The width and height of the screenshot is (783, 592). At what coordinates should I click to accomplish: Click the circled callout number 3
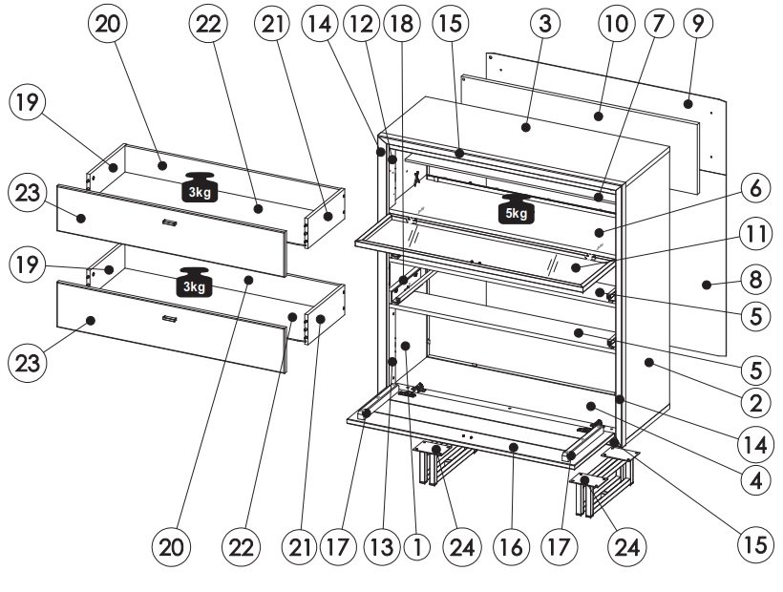coord(545,23)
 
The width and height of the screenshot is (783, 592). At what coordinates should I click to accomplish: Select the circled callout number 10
coord(616,24)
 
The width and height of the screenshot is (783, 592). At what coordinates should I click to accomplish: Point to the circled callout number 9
coord(698,23)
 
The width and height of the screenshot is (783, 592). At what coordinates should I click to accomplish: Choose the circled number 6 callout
coord(756,188)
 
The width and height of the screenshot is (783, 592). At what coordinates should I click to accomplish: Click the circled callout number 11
coord(756,233)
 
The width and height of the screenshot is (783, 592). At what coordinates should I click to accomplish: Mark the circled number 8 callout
coord(756,279)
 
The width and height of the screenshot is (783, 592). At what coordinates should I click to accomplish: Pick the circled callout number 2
coord(756,401)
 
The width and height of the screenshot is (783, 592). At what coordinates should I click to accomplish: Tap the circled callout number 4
coord(756,479)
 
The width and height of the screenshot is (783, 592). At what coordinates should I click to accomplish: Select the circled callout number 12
coord(361,24)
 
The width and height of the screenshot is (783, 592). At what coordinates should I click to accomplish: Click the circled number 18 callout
coord(402,24)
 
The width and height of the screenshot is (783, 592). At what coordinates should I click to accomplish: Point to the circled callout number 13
coord(382,547)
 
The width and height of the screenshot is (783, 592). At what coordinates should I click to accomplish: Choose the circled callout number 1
coord(418,547)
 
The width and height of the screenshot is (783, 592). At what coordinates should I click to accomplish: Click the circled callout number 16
coord(510,547)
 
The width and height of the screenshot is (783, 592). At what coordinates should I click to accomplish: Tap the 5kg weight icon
coord(516,209)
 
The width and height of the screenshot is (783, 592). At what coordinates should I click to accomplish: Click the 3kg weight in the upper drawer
coord(200,187)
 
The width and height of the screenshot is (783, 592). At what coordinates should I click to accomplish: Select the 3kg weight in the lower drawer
coord(194,282)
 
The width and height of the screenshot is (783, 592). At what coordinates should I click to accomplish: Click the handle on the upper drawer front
coord(170,222)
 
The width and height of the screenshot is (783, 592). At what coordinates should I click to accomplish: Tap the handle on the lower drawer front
coord(170,319)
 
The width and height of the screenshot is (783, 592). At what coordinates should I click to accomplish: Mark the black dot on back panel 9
coord(688,104)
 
